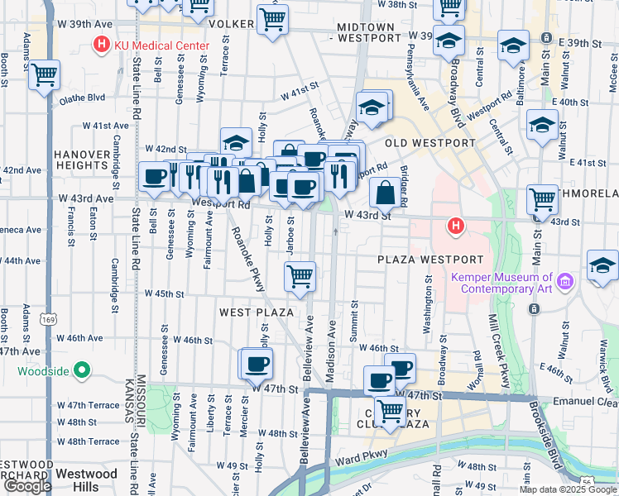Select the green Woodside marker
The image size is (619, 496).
coord(82,370)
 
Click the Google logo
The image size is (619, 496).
coord(27,486)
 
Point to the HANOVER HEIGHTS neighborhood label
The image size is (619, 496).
coord(82,160)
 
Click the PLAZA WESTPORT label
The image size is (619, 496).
coord(429,260)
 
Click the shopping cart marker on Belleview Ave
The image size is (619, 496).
coord(300,276)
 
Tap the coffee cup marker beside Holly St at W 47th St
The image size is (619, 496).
coord(255,362)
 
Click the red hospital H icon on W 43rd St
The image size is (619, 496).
coord(453,225)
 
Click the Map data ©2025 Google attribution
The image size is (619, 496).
coord(568,489)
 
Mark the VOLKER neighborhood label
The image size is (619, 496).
coord(231,24)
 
